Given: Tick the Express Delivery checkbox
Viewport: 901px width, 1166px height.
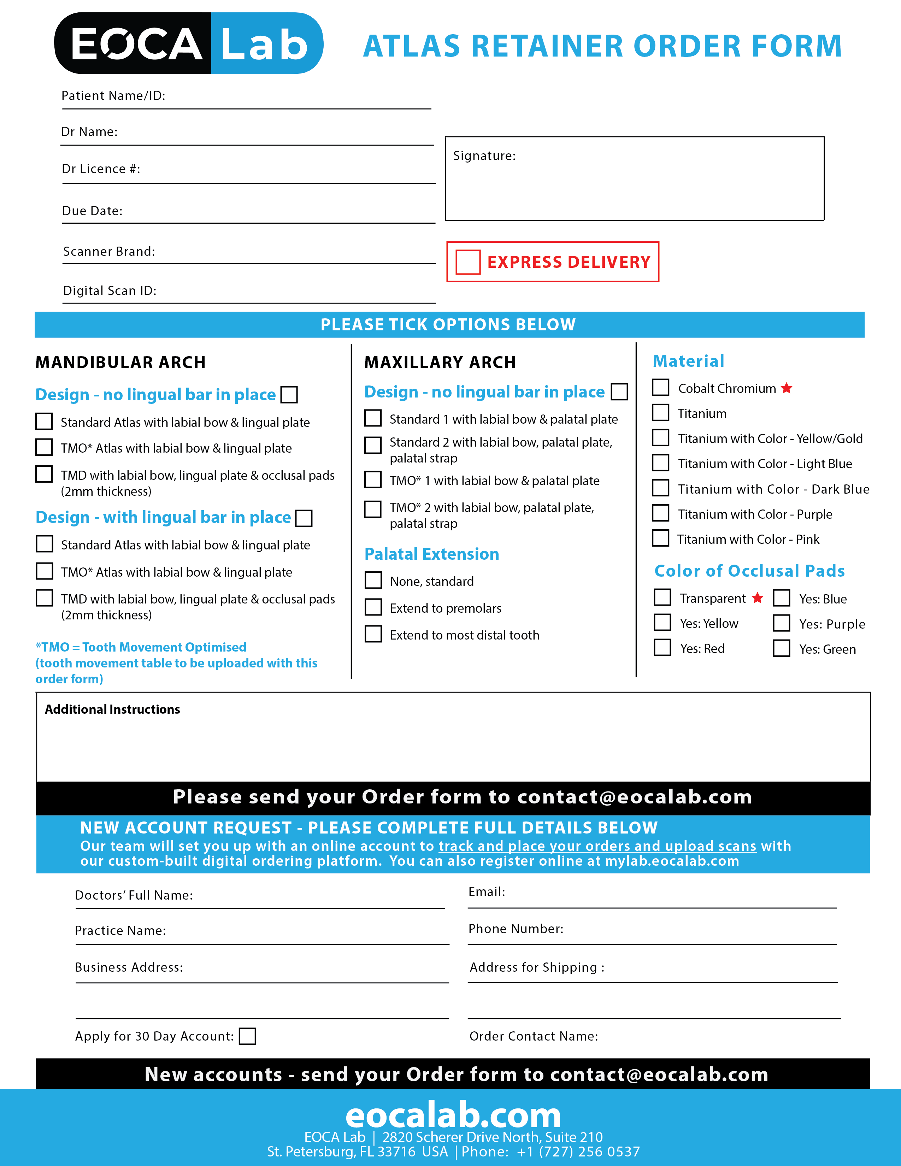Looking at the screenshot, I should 467,262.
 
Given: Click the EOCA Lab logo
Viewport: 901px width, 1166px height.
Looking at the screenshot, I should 188,43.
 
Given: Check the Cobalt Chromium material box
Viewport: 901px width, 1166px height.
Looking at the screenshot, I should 660,388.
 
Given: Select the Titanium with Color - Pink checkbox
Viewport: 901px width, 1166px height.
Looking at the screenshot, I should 660,538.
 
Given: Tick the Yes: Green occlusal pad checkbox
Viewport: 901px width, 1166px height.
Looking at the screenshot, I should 782,648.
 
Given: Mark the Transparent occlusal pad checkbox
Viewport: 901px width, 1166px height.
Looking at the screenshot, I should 662,597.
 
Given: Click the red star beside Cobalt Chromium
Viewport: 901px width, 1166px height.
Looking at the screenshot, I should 786,388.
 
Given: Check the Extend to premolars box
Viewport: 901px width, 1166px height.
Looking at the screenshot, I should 373,608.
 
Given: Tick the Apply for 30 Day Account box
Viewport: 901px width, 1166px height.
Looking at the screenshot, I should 247,1036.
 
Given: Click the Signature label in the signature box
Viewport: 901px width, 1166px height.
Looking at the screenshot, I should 484,156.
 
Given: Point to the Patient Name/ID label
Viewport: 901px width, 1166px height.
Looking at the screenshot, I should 113,95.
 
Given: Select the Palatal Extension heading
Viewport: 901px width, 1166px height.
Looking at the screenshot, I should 431,554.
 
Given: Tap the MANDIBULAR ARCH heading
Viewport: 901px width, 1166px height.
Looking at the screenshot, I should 120,363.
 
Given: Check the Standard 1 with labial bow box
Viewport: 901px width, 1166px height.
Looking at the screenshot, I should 372,418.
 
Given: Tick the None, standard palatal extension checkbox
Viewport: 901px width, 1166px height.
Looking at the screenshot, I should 373,580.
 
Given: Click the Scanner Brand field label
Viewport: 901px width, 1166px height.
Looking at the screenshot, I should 109,252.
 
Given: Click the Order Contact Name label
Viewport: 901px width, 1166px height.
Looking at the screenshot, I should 533,1036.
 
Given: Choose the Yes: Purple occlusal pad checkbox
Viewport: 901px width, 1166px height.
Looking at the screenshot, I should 782,623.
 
